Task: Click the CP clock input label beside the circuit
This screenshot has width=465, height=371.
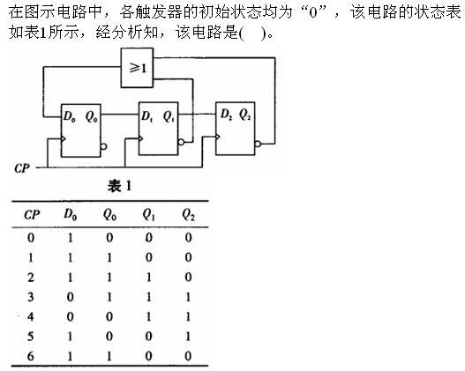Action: [23, 165]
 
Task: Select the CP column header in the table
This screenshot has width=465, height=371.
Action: [31, 213]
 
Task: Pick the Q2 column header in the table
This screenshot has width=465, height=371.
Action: [188, 213]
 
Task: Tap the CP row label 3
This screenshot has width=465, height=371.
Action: [31, 295]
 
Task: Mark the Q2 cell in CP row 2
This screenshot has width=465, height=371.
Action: [188, 276]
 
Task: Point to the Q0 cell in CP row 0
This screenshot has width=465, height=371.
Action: [109, 237]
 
